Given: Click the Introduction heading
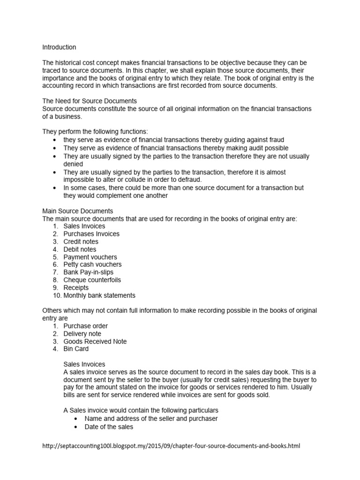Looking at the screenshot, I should coord(59,47).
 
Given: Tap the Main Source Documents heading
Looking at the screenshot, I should coord(78,211).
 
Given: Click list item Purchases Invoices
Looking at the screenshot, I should coord(91,234).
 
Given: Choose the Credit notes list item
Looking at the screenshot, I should coord(81,241).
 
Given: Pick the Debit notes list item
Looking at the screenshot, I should coord(80,249).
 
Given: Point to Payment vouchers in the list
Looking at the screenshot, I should coord(90,257).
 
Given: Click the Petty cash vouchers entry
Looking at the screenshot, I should coord(92,264).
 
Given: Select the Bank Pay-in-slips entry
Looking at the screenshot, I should coord(89,272).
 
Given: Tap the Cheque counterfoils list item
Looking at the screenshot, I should coord(92,280).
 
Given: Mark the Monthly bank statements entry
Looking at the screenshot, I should coord(99,295).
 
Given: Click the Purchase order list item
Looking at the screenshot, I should coord(86,326).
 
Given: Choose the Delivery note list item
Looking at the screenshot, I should coord(82,334).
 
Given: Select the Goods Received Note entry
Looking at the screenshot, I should coord(95,341).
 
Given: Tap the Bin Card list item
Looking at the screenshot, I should coord(76,349).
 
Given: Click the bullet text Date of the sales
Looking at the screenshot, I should coord(109,427).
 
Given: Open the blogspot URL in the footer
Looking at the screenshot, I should coord(171,446).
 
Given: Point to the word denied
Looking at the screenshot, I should coord(73,165).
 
